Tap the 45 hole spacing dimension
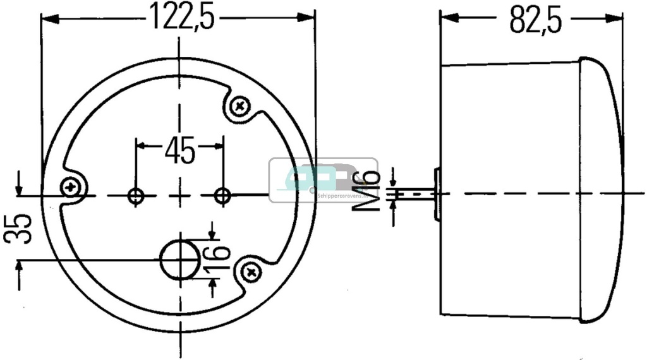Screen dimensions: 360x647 (179, 152)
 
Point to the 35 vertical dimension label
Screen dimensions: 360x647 (19, 228)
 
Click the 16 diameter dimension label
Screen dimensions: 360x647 (217, 260)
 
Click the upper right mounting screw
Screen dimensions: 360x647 (240, 107)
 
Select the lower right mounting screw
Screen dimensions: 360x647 (252, 272)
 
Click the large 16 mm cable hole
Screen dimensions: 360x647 (178, 259)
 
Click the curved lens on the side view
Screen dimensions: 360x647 (603, 189)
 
